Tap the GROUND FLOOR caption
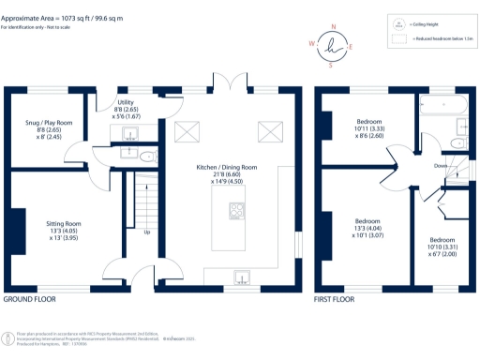click(29, 300)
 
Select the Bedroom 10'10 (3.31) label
click(441, 247)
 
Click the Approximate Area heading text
click(56, 17)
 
